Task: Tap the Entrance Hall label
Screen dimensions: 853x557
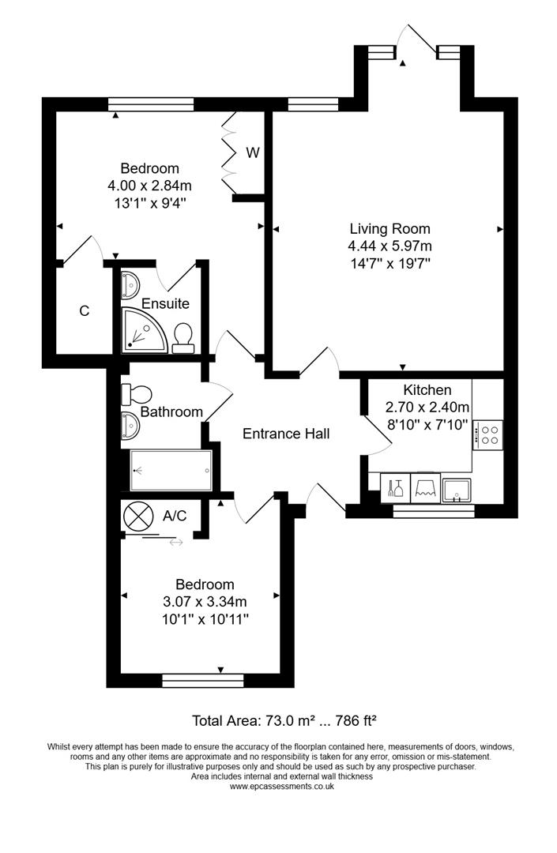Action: [285, 434]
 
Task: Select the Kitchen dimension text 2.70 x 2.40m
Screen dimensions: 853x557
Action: [427, 408]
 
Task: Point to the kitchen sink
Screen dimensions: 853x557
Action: [457, 490]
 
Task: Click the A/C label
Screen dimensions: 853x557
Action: [175, 517]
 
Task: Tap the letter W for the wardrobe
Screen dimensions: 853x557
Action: [252, 153]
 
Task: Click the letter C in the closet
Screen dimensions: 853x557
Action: [84, 311]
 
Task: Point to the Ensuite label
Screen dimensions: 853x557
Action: [165, 303]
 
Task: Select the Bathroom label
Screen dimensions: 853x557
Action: [171, 411]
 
